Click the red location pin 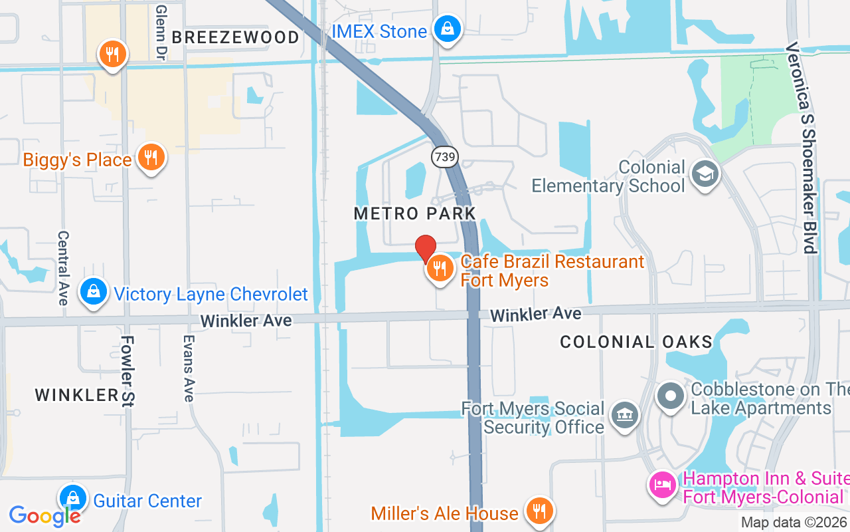(426, 249)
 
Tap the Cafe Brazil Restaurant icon (440, 269)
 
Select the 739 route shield (444, 157)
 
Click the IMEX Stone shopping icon (448, 29)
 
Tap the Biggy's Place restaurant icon (151, 158)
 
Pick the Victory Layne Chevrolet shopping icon (94, 292)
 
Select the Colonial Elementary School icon (704, 174)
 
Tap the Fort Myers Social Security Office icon (624, 416)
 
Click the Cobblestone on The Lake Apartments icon (671, 396)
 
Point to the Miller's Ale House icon (539, 511)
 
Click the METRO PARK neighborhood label (415, 213)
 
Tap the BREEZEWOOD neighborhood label (236, 37)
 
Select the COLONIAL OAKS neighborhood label (636, 342)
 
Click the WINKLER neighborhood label (77, 394)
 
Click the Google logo (44, 516)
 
